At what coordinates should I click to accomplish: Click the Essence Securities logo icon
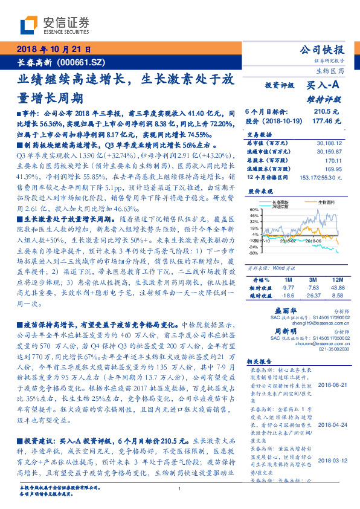30,25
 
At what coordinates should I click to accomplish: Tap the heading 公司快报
321,50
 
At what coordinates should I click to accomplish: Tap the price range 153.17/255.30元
318,179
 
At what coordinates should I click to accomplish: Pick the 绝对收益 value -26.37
312,296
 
